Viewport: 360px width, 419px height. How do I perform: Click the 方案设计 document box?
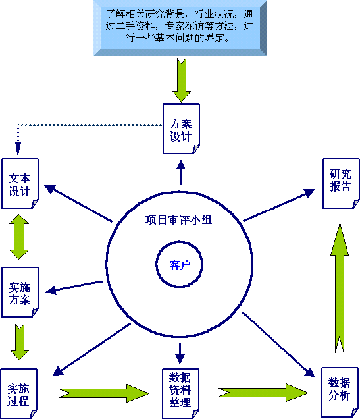pyautogui.click(x=181, y=129)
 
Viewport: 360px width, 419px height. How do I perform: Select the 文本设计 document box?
pyautogui.click(x=20, y=184)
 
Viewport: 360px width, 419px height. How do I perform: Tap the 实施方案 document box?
pyautogui.click(x=20, y=292)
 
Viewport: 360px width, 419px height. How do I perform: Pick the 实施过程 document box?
pyautogui.click(x=18, y=393)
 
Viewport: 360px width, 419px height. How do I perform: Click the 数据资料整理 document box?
pyautogui.click(x=181, y=393)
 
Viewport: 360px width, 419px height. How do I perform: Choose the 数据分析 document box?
pyautogui.click(x=340, y=392)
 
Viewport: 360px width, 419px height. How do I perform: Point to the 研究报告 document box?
pyautogui.click(x=341, y=184)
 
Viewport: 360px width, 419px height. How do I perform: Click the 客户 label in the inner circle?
pyautogui.click(x=180, y=265)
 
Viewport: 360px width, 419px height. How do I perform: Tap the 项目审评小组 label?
pyautogui.click(x=178, y=220)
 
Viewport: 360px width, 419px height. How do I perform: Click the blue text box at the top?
pyautogui.click(x=180, y=28)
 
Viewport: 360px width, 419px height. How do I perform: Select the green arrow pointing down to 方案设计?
pyautogui.click(x=182, y=80)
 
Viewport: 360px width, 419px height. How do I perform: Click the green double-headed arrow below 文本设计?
pyautogui.click(x=19, y=237)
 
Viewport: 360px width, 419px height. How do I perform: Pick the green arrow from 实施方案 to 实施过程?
pyautogui.click(x=20, y=343)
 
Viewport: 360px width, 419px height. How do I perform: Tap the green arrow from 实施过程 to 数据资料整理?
pyautogui.click(x=104, y=393)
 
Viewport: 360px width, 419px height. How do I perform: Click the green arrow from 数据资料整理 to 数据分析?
pyautogui.click(x=263, y=393)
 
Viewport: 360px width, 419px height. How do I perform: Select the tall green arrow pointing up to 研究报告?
pyautogui.click(x=340, y=288)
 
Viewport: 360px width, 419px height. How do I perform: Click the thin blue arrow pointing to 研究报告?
pyautogui.click(x=279, y=206)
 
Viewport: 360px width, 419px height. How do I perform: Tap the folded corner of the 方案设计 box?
pyautogui.click(x=196, y=149)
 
